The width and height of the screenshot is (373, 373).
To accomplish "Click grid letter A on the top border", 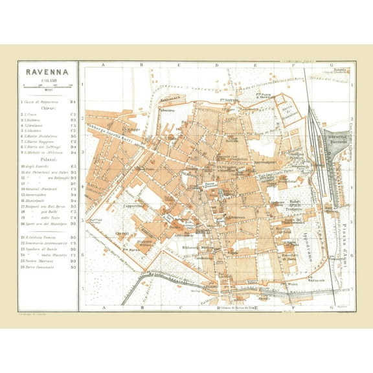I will [x=104, y=65].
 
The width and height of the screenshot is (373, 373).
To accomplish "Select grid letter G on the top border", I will [x=331, y=65].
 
